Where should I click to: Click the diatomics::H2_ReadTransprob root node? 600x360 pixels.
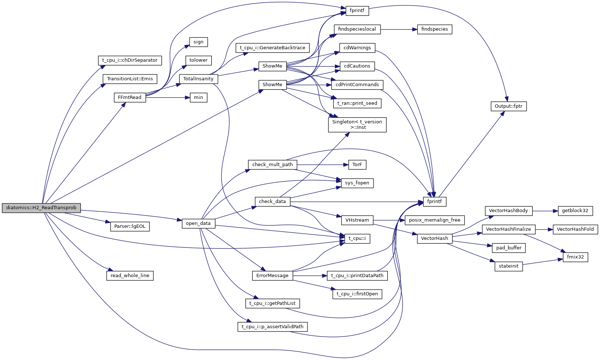point(41,208)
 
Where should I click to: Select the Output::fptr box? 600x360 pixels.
point(508,106)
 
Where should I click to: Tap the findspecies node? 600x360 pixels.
point(435,29)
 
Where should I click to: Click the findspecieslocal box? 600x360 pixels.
point(357,29)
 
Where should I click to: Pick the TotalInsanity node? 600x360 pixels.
point(198,79)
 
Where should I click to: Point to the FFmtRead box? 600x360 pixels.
point(130,97)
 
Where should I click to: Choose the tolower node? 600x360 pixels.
point(198,60)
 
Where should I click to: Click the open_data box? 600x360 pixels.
point(198,223)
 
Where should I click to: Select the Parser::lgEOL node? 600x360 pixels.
point(130,226)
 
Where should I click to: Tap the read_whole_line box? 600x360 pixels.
point(130,276)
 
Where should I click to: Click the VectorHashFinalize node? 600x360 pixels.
point(508,229)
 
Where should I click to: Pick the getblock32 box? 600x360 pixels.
point(575,211)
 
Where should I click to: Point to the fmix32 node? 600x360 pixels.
point(575,257)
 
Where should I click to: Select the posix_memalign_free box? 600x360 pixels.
point(435,220)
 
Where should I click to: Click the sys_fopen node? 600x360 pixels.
point(357,183)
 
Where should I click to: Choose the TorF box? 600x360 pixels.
point(357,165)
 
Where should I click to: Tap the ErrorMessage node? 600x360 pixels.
point(272,276)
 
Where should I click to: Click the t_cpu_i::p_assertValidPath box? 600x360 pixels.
point(272,327)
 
